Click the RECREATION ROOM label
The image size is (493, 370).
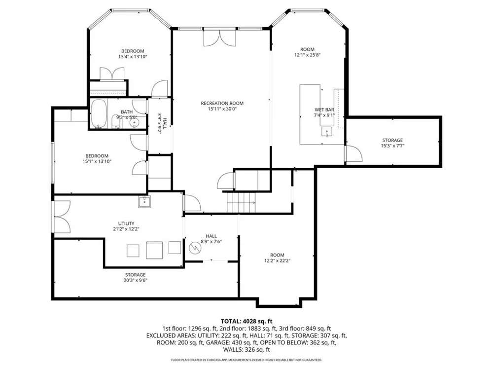pos(222,103)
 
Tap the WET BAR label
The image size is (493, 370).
pos(324,110)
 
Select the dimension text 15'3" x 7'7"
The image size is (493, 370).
pos(392,146)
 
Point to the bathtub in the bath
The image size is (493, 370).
pos(99,114)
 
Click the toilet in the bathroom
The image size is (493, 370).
pos(116,122)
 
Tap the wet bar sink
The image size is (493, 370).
pos(327,132)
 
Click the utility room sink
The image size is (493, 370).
pos(144,202)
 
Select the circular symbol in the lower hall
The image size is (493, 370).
pos(195,249)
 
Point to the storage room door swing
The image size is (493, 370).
pos(354,153)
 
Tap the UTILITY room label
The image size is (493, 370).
pos(126,223)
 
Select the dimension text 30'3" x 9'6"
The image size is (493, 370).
pos(135,280)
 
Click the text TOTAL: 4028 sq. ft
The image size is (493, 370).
pos(246,321)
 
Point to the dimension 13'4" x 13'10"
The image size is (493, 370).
pos(133,57)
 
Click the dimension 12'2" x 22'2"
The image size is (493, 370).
pos(277,260)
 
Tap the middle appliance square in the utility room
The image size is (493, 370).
pos(154,250)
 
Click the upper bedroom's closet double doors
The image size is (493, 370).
pos(112,74)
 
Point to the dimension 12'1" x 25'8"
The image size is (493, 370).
pos(307,55)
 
